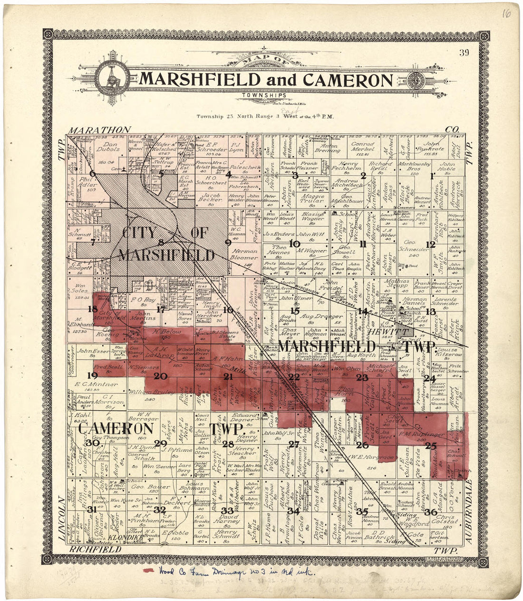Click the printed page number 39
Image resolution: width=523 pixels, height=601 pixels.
464,53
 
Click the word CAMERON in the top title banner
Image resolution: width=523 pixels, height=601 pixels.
348,79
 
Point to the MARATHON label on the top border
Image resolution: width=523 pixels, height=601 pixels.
99,130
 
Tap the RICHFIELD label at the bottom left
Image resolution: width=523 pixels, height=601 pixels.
95,549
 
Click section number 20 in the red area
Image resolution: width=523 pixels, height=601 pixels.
161,376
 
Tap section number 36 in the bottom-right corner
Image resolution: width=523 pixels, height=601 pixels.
431,512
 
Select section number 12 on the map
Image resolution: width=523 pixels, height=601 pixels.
431,245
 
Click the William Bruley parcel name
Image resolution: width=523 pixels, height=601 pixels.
145,393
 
